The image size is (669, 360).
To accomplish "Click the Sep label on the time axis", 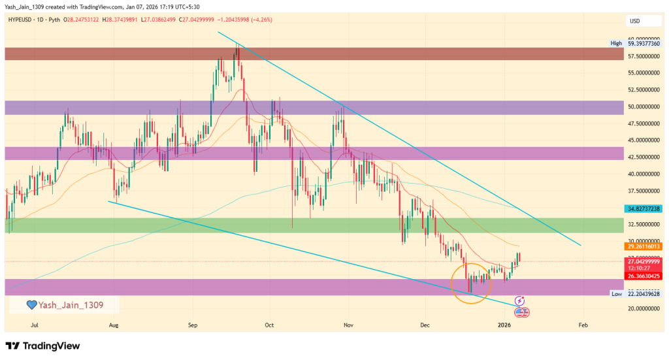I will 192,324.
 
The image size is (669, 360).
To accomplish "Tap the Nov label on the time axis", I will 348,324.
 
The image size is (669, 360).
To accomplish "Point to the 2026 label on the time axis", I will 503,324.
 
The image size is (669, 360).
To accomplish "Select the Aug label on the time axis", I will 114,324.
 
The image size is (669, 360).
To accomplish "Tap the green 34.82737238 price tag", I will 644,208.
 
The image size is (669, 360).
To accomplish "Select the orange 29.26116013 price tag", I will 644,246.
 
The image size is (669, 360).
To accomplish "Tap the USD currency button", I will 634,21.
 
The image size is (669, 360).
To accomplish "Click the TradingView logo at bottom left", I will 42,346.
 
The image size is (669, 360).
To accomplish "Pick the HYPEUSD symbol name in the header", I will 24,20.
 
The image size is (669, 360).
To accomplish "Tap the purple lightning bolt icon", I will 520,301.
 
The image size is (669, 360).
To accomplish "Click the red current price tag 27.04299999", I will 644,261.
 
